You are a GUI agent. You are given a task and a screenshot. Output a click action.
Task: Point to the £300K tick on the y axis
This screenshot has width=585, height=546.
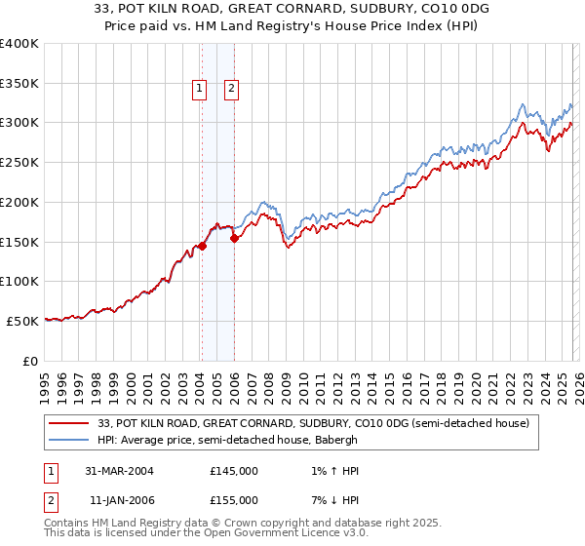[19, 123]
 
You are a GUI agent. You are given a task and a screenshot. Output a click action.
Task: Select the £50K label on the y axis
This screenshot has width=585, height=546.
[22, 321]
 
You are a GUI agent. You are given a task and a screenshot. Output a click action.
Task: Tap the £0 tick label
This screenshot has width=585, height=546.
[29, 361]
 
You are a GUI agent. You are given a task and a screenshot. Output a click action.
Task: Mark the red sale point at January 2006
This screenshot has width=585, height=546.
[234, 238]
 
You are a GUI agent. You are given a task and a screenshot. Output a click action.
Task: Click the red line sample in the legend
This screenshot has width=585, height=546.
[68, 423]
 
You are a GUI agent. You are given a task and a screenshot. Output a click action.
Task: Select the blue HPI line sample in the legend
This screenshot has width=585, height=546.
[68, 440]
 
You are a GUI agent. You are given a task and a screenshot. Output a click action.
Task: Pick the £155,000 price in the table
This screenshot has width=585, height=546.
[234, 500]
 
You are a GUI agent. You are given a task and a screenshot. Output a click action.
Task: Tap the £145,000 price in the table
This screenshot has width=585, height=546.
[234, 471]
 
